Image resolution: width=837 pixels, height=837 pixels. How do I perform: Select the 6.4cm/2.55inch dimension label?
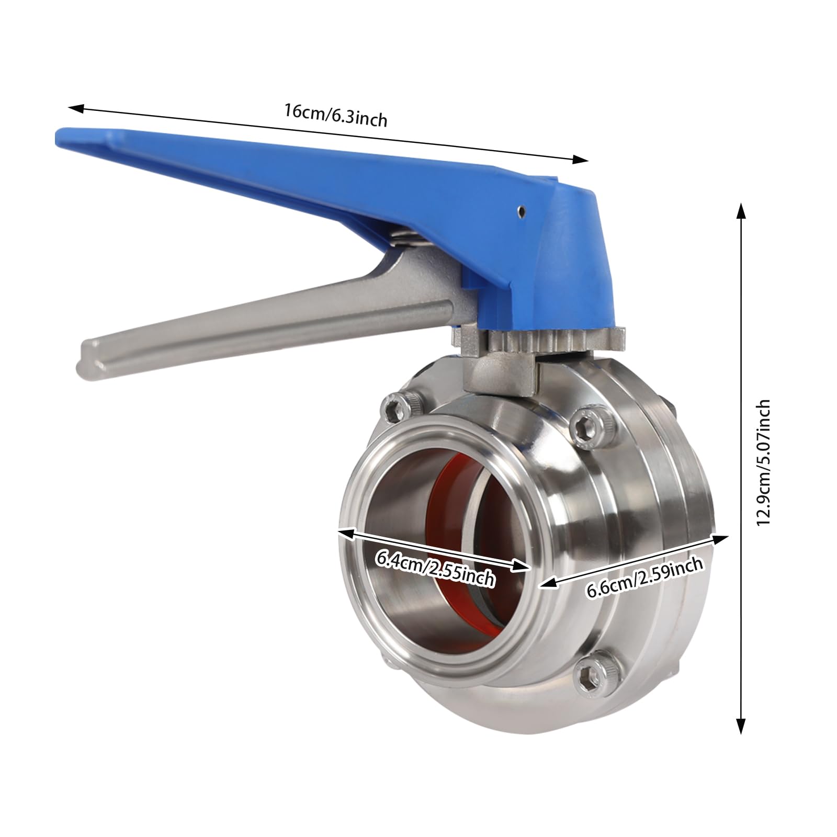(x=435, y=570)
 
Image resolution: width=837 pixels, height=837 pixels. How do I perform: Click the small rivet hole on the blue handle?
(x=521, y=211)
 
